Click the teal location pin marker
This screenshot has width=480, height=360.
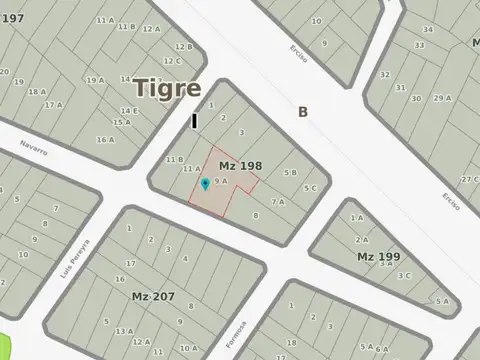206,184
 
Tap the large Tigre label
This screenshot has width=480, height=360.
167,89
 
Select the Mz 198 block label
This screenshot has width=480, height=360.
240,164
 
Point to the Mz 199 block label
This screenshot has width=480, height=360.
378,257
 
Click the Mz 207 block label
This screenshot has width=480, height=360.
152,297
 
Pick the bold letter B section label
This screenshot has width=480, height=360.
302,112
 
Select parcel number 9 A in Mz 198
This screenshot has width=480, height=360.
221,181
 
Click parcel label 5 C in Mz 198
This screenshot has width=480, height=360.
310,188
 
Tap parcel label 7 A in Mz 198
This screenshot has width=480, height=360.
278,201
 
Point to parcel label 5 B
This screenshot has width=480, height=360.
290,172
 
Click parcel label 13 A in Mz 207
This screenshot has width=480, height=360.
124,331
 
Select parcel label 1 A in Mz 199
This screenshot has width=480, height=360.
358,217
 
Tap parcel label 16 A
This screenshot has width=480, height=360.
105,139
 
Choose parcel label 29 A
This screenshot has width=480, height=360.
441,97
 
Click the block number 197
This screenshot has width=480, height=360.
12,19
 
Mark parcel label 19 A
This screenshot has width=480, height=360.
95,80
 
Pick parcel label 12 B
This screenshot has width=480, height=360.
183,46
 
